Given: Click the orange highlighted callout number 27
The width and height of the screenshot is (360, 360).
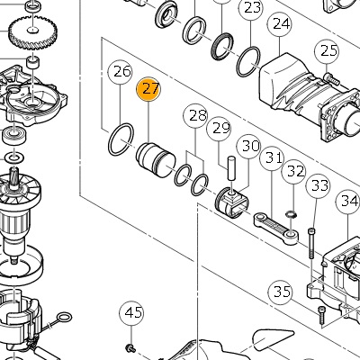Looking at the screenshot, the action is click(148, 89).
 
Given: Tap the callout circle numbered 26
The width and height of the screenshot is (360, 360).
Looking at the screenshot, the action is click(121, 73).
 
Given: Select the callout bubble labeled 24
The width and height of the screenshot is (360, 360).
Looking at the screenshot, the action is click(280, 24).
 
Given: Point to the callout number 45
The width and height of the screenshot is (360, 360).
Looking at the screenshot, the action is click(131, 313).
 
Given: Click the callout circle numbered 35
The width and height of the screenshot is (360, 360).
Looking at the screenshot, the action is click(281, 292).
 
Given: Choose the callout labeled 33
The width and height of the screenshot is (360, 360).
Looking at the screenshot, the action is click(318, 186).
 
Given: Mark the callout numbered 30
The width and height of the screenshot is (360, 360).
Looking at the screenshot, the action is click(249, 147).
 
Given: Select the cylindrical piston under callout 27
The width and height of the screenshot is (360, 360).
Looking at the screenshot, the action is click(156, 160).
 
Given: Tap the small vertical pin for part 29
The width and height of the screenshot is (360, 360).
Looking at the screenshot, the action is click(231, 168).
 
